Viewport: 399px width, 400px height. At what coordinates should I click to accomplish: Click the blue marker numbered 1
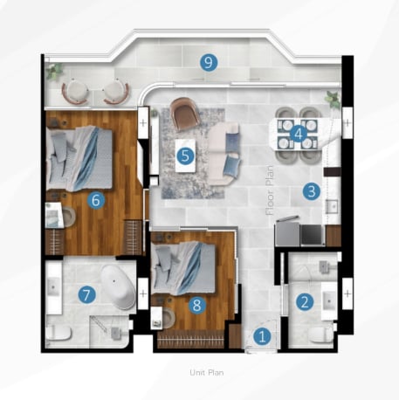(x=262, y=336)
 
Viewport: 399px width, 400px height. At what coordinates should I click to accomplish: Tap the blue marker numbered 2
(x=305, y=301)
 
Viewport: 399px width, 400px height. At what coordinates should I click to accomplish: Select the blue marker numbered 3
(x=312, y=191)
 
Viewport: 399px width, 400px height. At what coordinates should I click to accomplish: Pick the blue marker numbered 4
(x=299, y=134)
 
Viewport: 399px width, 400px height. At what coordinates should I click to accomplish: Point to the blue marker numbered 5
(x=185, y=155)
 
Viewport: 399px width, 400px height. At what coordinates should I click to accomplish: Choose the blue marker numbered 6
(x=96, y=200)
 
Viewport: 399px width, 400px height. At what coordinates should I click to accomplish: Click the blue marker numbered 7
(x=86, y=295)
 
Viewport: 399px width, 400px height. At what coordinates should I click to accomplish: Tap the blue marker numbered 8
(x=197, y=306)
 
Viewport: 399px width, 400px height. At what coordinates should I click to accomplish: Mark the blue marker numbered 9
(x=209, y=62)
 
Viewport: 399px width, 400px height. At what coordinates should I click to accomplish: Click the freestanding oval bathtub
(x=119, y=287)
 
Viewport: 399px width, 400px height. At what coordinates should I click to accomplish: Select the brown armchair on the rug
(x=185, y=114)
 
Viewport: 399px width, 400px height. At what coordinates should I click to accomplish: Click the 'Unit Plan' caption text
(x=207, y=373)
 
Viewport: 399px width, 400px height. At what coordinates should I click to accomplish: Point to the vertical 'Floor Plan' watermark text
(x=270, y=190)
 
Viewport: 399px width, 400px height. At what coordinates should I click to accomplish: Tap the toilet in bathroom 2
(x=320, y=334)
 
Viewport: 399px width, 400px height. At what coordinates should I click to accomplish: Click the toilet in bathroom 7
(x=58, y=333)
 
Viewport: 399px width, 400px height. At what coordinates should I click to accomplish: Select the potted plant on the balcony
(x=55, y=71)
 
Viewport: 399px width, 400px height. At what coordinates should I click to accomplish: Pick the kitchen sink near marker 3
(x=332, y=206)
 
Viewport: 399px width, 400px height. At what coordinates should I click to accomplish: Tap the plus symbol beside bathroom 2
(x=347, y=293)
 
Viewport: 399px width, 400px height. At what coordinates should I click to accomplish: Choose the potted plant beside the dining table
(x=333, y=100)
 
